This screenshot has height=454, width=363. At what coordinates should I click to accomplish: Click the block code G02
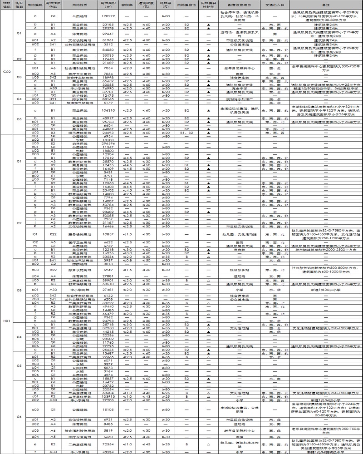coord(6,71)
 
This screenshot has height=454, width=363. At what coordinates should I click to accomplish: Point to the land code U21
coord(53,99)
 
